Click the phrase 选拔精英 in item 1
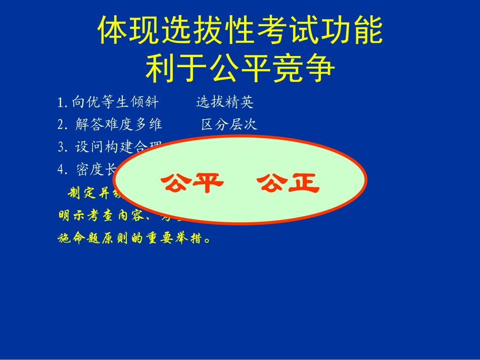[225, 102]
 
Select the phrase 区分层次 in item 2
[229, 125]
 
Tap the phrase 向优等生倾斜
[115, 102]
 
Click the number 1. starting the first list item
[63, 103]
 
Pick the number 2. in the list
[63, 125]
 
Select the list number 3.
[63, 147]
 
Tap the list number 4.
[63, 170]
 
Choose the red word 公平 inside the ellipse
[192, 183]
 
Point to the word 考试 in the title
[287, 31]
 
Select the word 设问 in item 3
[89, 147]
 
